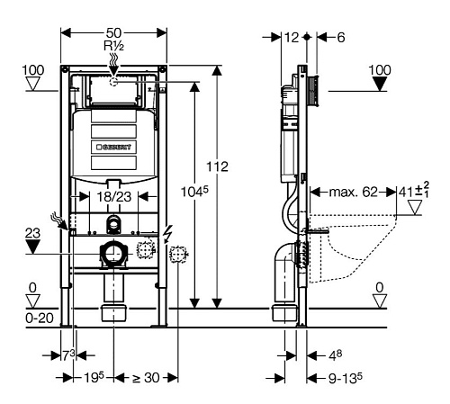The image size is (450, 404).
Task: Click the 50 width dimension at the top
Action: point(113,33)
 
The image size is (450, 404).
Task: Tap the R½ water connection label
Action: point(113,46)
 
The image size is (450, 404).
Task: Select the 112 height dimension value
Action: point(217,166)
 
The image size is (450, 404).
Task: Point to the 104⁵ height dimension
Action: point(194,192)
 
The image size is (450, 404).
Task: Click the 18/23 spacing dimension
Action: point(114,197)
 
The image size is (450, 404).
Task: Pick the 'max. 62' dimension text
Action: point(353,192)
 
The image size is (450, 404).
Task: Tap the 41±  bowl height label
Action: point(414,190)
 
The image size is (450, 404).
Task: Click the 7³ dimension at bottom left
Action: point(68,355)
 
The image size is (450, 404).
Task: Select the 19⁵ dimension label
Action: point(94,378)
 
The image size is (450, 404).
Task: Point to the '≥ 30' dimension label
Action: point(146,378)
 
